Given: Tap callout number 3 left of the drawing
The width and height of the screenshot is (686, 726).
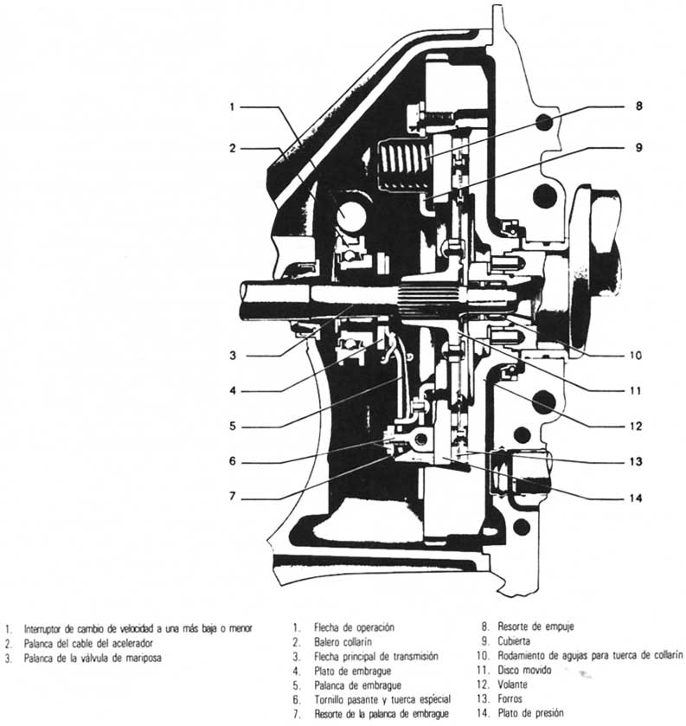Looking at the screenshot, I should (232, 355).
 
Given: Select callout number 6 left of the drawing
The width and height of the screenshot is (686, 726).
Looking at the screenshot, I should (232, 460).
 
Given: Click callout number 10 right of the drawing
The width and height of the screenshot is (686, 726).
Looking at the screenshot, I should (637, 355).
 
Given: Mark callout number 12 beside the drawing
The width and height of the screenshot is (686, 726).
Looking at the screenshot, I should (636, 425).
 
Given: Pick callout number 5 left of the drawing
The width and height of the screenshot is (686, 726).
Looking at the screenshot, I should (232, 426).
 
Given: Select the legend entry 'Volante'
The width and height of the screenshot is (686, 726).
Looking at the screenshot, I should (517, 684).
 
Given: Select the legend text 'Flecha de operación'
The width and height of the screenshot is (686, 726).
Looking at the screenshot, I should (355, 627).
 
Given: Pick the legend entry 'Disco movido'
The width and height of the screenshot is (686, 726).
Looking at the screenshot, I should (526, 670).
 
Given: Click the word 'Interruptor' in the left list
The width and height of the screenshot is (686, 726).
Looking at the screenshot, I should (43, 628).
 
